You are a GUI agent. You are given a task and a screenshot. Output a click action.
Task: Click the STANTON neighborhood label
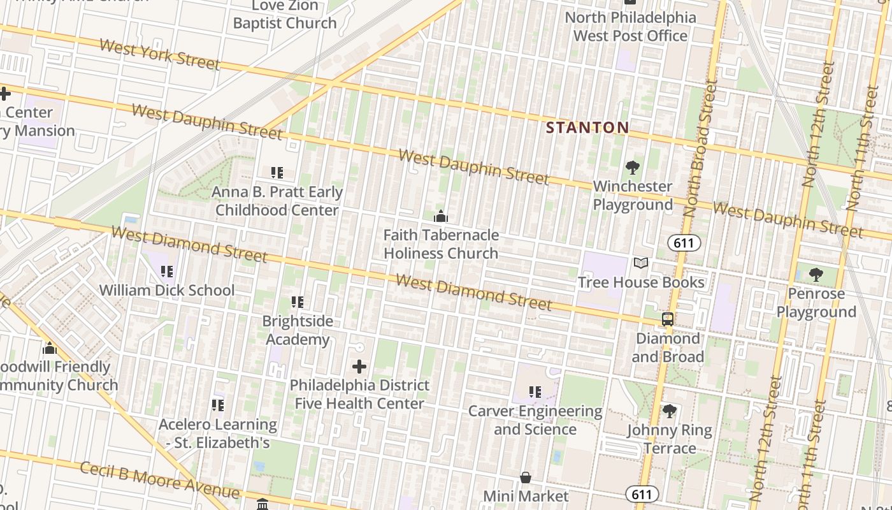(587, 127)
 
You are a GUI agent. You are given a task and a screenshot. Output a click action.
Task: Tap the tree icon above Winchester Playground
(633, 168)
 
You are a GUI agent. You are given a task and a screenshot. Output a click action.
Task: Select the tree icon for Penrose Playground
(816, 275)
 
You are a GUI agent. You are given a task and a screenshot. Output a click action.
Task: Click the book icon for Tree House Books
(641, 263)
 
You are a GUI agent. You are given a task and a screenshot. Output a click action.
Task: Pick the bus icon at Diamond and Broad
(668, 319)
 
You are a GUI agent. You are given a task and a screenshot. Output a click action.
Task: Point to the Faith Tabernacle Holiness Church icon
(440, 217)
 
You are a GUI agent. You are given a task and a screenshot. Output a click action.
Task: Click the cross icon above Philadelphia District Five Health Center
(359, 367)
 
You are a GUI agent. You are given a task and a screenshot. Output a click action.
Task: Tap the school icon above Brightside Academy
(298, 302)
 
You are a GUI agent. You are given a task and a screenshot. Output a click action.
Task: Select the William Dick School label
(167, 290)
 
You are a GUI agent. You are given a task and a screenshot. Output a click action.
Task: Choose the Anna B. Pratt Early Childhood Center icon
(277, 173)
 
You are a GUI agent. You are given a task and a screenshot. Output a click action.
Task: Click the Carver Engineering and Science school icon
(535, 392)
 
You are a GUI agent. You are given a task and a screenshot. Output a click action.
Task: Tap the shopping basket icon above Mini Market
(526, 477)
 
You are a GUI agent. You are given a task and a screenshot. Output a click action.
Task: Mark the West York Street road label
(159, 55)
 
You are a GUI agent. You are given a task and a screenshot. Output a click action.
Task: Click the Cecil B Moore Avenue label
(160, 480)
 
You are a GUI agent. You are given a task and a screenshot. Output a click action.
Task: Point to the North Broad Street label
(701, 148)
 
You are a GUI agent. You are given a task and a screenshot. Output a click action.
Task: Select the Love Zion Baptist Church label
(285, 15)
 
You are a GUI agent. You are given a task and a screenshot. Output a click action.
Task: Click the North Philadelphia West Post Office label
(631, 26)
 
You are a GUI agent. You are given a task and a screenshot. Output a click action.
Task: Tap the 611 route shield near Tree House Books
(684, 243)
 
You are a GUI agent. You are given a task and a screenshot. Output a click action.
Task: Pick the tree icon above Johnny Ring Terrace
(669, 411)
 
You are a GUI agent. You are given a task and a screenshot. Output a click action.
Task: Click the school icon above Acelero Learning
(218, 405)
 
